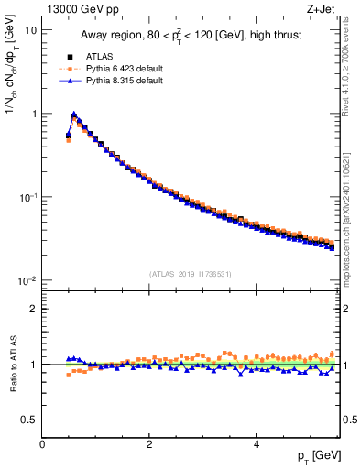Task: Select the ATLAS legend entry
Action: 100,55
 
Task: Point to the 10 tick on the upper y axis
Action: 30,30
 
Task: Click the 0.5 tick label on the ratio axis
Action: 29,420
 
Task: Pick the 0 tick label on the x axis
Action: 42,444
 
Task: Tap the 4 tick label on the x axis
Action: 256,444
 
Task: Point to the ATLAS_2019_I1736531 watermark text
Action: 191,273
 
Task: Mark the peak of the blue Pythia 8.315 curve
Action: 74,115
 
